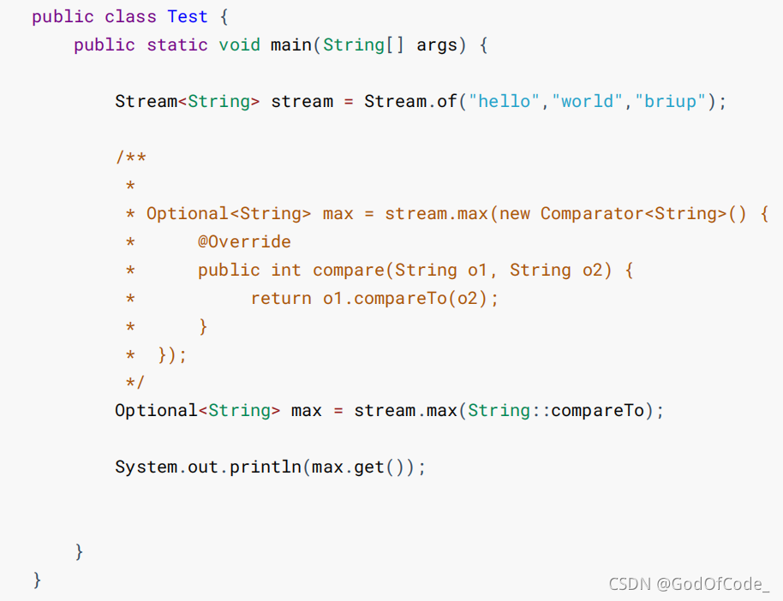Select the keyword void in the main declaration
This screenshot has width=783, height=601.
[x=239, y=45]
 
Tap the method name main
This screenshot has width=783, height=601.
[x=291, y=45]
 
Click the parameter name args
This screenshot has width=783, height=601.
[x=437, y=45]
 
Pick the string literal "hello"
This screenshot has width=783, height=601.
[x=505, y=101]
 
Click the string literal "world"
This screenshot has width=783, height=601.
[x=589, y=101]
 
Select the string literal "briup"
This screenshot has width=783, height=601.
[x=671, y=101]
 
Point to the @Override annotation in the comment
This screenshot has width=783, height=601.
[x=244, y=242]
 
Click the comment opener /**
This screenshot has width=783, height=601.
[x=130, y=158]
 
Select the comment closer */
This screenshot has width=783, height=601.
[x=134, y=382]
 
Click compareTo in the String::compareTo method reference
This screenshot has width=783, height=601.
[x=597, y=410]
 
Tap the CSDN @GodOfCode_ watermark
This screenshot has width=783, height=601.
[x=689, y=584]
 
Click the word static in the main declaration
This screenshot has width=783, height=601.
[x=176, y=45]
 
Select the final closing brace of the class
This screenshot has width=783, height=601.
[x=37, y=580]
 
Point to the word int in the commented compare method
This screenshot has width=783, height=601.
[x=286, y=270]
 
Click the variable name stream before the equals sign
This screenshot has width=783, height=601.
[x=302, y=101]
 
